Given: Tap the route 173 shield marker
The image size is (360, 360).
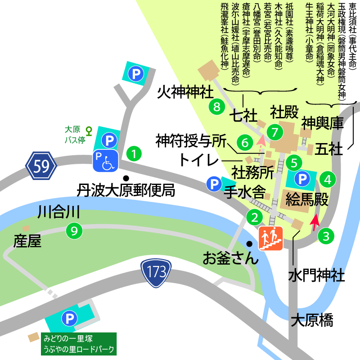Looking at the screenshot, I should [x=156, y=273].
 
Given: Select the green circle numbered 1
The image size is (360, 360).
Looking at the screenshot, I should [x=133, y=153].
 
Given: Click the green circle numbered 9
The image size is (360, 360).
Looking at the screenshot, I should [x=75, y=231].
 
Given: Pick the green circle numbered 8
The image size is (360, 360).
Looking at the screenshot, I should [x=217, y=107].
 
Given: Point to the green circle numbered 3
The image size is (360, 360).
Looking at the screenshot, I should [x=325, y=235].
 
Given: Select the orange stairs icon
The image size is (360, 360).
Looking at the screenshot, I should [x=271, y=238].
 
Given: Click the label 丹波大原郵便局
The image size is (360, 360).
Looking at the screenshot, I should [x=126, y=190].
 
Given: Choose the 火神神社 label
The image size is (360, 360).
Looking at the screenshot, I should [x=185, y=93].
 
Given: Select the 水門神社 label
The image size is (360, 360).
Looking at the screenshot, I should [x=317, y=274].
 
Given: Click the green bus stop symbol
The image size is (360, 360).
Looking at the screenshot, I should [x=89, y=130].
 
